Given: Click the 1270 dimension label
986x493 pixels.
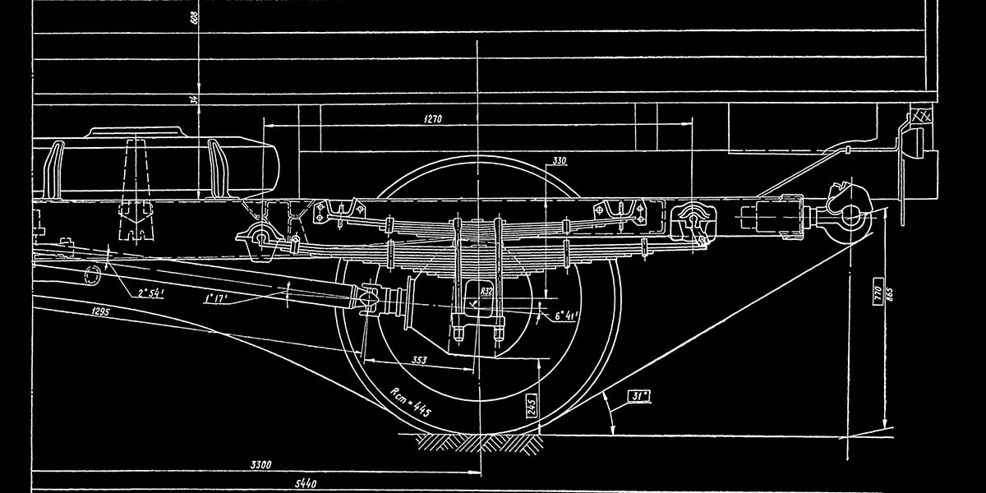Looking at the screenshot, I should [x=433, y=119].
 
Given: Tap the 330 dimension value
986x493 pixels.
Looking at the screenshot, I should [x=560, y=160].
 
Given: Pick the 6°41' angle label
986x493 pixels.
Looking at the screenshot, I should [x=568, y=315].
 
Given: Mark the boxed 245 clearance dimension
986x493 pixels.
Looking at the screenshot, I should [x=532, y=404].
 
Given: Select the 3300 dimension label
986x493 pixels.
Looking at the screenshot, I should [x=261, y=465].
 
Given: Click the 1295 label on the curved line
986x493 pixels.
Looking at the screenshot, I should [x=101, y=312].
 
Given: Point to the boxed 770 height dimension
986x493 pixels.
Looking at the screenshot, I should [x=877, y=294].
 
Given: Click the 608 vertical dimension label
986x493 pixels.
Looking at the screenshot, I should [x=194, y=18].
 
